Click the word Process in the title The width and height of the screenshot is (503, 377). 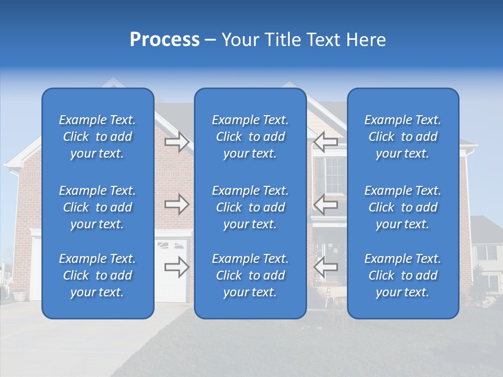165,40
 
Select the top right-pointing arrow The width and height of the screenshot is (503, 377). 177,142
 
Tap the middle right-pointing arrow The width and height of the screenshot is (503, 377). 177,204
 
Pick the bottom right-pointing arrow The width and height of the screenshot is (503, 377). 177,267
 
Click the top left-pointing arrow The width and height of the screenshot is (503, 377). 326,142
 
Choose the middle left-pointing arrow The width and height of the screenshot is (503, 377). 326,204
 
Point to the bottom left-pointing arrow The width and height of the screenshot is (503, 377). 326,267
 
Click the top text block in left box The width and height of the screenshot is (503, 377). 97,137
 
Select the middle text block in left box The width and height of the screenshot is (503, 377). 97,207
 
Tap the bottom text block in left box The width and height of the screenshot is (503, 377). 97,275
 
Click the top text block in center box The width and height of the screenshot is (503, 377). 250,137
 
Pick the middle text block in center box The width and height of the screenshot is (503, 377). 250,207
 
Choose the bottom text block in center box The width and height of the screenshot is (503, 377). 250,275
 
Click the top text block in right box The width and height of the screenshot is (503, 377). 402,137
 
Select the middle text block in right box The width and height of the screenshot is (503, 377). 402,207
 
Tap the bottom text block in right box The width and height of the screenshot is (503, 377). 402,275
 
